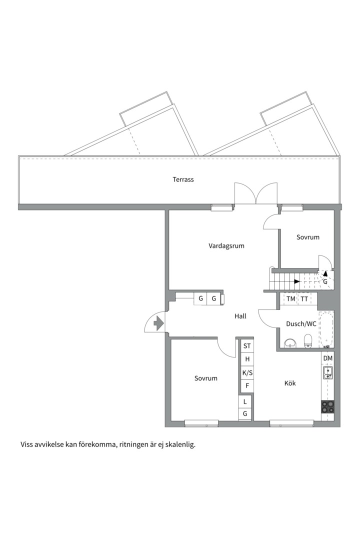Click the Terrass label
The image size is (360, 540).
click(183, 179)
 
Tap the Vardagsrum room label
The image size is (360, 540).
click(226, 246)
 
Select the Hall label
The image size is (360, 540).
click(240, 316)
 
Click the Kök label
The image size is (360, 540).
click(290, 383)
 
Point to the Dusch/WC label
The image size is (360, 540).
click(301, 323)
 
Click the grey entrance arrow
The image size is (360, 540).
click(158, 323)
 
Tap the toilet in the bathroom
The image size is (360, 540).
click(308, 341)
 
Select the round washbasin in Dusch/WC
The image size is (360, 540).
click(290, 343)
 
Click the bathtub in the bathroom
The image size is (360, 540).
click(326, 329)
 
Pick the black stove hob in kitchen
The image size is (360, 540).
click(327, 406)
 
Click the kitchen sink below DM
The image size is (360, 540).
click(327, 372)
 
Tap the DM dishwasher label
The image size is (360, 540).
click(328, 358)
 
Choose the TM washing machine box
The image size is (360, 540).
click(291, 299)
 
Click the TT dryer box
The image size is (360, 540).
click(304, 299)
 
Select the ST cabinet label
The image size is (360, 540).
click(247, 346)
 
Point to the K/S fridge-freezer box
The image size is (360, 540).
click(247, 372)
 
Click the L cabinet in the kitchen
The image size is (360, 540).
click(245, 401)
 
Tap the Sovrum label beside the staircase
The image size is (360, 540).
click(308, 237)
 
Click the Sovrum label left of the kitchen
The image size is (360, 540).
click(205, 378)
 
